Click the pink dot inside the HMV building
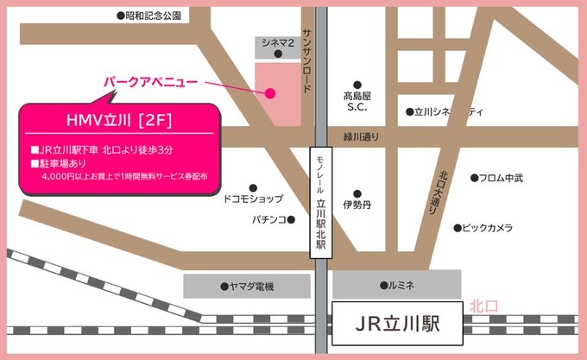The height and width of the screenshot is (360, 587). pyautogui.click(x=270, y=93)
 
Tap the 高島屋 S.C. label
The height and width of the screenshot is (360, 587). pyautogui.click(x=357, y=102)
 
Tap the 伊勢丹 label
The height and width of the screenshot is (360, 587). pyautogui.click(x=357, y=205)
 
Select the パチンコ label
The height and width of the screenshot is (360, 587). pyautogui.click(x=245, y=220)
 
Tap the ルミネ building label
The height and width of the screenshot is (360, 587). pyautogui.click(x=396, y=285)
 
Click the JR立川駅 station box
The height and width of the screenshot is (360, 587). pyautogui.click(x=397, y=325)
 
